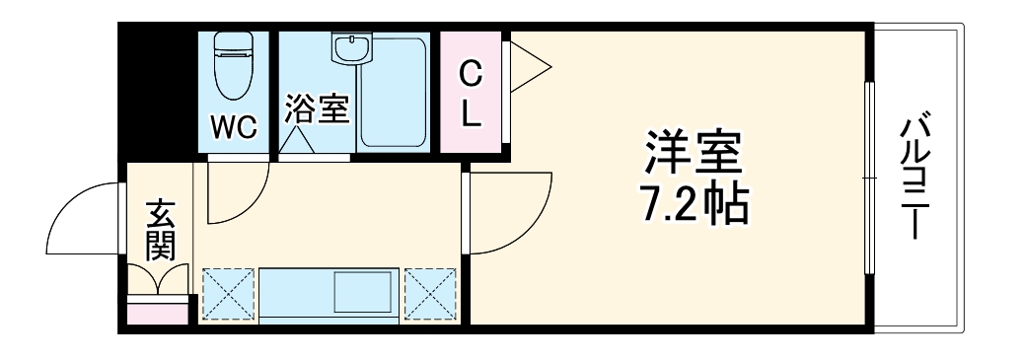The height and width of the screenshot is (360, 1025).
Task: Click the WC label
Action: coord(234,127)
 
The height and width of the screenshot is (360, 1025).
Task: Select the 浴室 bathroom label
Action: coord(317,108)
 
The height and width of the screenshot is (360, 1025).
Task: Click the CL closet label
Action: coord(473,95)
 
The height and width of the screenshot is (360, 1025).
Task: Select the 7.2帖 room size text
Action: coord(691,204)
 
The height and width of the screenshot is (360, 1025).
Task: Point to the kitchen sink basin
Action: coord(365,293)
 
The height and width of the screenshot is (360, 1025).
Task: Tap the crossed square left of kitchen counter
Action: coord(228,293)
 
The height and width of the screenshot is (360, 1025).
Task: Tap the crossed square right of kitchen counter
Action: coord(431,293)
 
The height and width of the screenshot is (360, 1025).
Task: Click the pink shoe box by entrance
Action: coord(158,313)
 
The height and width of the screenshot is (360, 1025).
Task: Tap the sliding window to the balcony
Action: coord(869,178)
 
